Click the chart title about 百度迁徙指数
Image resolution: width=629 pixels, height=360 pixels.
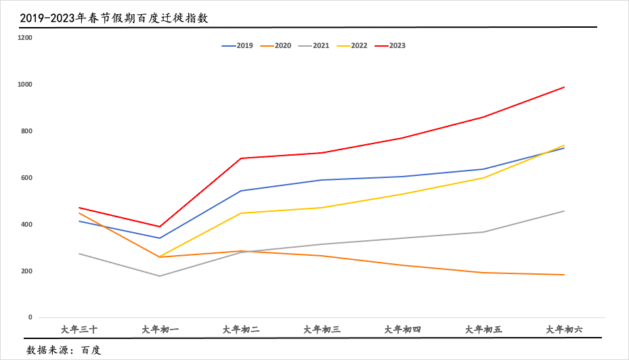coord(114,18)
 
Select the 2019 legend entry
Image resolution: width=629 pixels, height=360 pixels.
coord(238,46)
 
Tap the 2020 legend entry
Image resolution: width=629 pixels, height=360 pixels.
coord(276,46)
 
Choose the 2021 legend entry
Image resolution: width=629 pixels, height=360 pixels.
coord(313,46)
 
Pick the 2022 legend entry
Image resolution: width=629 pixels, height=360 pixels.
coord(351,46)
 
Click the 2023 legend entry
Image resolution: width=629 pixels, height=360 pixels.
coord(390,46)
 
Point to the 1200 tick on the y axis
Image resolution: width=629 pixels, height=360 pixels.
coord(25,38)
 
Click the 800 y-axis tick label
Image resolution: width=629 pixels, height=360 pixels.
coord(26,131)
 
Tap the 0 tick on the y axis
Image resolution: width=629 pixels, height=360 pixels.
coord(30,317)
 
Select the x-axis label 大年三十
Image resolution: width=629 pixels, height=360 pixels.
coord(79,330)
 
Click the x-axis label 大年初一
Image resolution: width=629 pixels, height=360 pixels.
coord(160,330)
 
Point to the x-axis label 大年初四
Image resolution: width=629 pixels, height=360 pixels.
coord(403,330)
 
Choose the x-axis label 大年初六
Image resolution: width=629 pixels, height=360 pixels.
coord(565,330)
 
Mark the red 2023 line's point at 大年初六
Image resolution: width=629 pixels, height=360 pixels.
coord(565,87)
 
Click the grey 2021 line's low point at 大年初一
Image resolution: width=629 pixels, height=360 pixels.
coord(160,276)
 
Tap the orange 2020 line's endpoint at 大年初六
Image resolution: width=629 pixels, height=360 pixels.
coord(565,275)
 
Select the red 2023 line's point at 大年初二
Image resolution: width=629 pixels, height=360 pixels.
coord(241,158)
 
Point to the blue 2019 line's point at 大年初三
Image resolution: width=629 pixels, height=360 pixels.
coord(322,180)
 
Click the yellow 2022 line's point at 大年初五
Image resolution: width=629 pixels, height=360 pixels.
coord(483,178)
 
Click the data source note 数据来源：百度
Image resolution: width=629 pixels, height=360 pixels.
coord(64,351)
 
